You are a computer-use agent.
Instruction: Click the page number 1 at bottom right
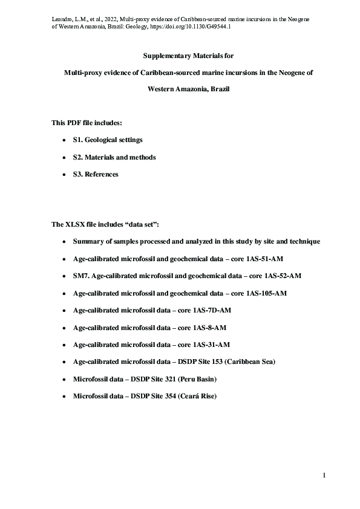click(324, 475)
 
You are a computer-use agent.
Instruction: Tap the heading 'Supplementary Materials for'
click(180, 55)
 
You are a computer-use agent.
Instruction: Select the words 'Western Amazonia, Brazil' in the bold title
click(180, 89)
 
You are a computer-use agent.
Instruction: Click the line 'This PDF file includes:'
click(87, 123)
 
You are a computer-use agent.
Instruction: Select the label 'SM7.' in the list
click(82, 276)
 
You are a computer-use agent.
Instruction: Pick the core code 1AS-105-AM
click(264, 293)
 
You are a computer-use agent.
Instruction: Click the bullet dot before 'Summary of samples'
click(65, 242)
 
